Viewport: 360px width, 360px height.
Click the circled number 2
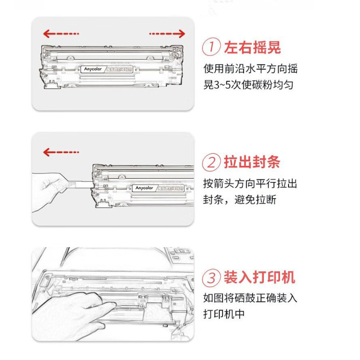(x=211, y=162)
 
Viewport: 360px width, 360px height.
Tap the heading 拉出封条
(x=253, y=162)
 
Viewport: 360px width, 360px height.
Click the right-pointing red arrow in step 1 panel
(x=166, y=34)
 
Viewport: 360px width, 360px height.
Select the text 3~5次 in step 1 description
(x=226, y=85)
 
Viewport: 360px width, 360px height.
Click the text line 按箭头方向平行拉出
(x=250, y=184)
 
